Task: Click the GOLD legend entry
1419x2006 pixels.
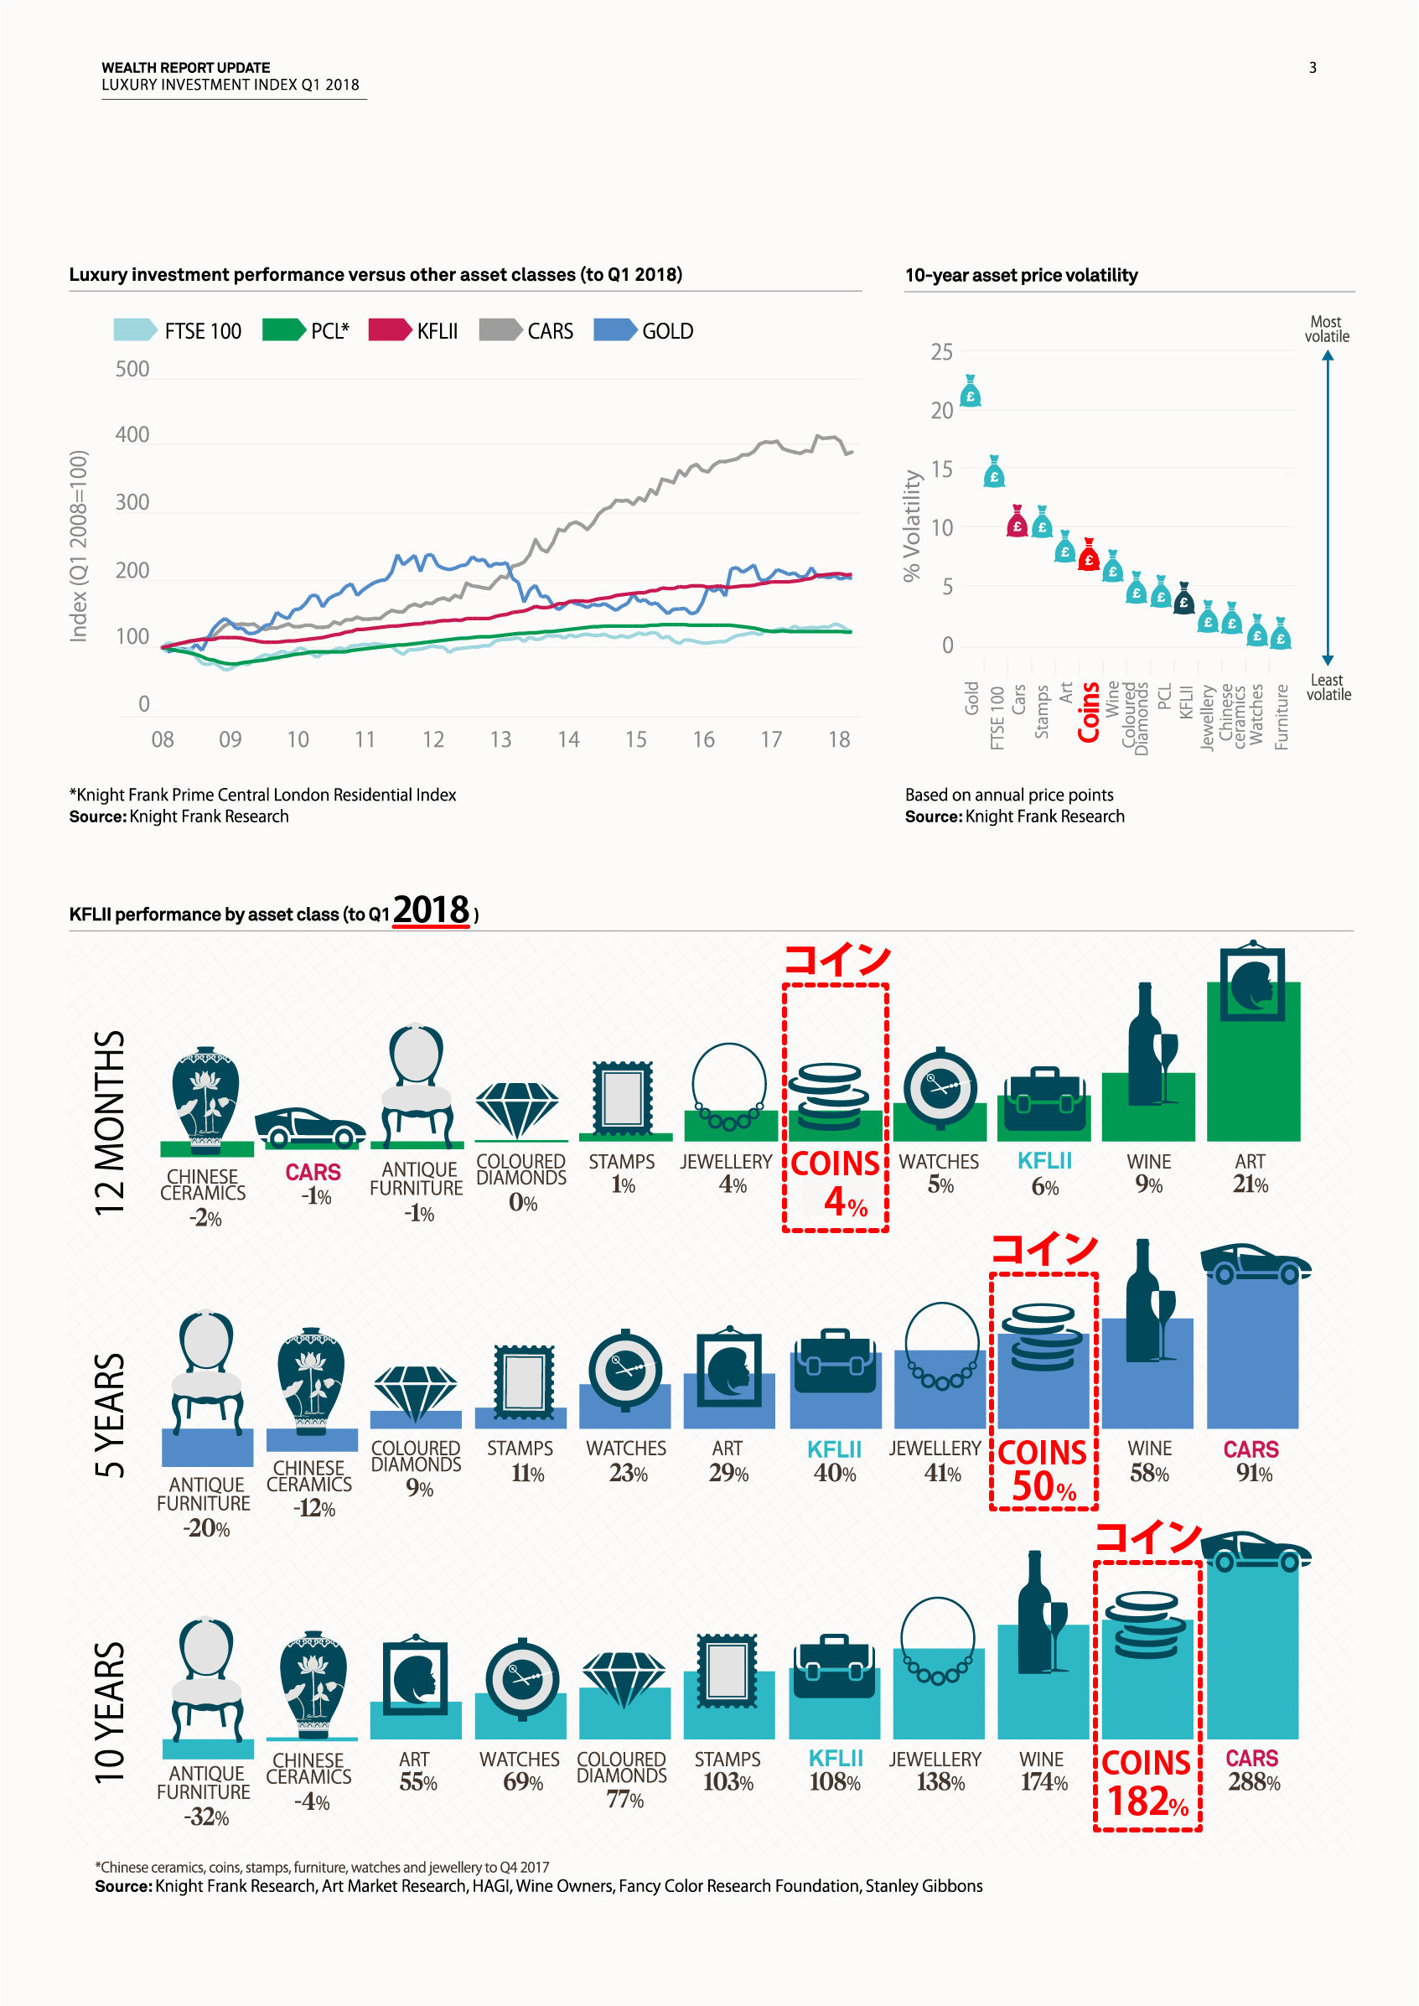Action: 644,331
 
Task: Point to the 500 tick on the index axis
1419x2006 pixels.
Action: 132,369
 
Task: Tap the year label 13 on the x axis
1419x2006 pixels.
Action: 500,740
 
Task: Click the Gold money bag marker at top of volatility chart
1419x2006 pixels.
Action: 971,391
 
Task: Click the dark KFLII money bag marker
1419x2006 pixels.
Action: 1184,599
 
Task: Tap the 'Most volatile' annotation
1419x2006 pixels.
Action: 1326,329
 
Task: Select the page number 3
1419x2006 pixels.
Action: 1313,68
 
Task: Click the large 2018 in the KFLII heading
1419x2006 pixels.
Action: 431,910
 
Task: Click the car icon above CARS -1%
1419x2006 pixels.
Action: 310,1127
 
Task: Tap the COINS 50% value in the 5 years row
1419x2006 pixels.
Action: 1044,1486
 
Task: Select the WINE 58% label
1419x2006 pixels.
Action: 1149,1461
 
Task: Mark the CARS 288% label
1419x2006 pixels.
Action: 1253,1770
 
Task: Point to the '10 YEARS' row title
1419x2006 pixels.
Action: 110,1713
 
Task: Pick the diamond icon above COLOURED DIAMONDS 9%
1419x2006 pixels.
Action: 415,1390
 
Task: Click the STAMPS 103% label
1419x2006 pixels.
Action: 728,1771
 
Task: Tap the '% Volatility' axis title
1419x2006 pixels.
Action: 912,526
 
